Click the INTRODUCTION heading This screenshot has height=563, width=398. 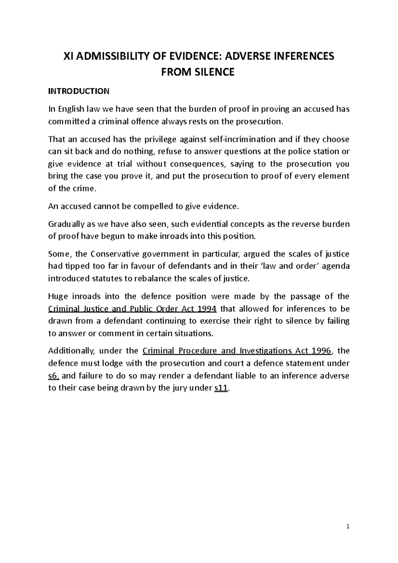[x=79, y=91]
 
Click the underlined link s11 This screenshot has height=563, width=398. [x=221, y=388]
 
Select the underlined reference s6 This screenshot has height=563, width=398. [x=54, y=376]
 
